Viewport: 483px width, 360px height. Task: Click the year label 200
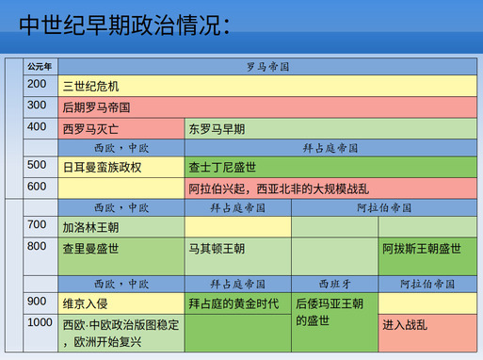[x=38, y=85]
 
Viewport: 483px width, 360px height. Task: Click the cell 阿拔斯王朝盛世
[x=422, y=249]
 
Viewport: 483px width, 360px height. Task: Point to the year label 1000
[x=41, y=322]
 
